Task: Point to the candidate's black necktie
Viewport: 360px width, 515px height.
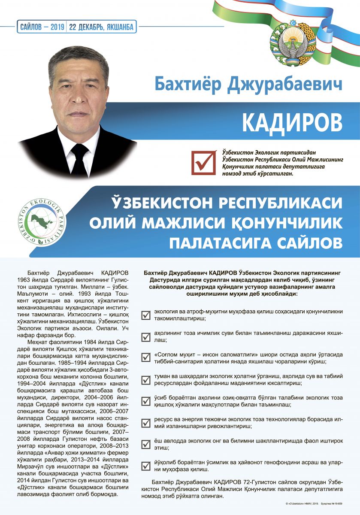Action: click(x=79, y=159)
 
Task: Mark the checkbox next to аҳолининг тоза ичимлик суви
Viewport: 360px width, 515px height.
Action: click(x=146, y=336)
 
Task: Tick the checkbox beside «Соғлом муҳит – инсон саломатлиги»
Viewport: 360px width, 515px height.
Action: click(x=146, y=357)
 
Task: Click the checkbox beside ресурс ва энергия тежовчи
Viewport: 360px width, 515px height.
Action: click(x=146, y=423)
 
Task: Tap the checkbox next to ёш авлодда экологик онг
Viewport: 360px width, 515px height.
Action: click(x=146, y=444)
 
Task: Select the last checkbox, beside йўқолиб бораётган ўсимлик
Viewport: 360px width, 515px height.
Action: click(x=146, y=466)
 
